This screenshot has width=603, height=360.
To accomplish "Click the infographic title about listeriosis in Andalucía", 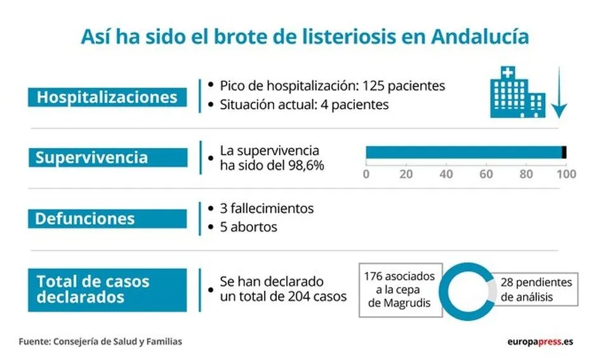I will (x=305, y=36).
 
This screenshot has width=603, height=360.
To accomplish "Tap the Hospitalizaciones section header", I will (x=107, y=97).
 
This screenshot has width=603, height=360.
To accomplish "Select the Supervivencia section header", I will (x=107, y=157).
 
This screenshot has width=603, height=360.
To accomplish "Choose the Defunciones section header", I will (x=107, y=218).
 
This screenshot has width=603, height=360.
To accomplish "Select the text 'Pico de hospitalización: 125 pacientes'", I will (x=332, y=86).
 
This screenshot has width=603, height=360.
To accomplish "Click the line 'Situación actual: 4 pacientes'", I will (x=304, y=105).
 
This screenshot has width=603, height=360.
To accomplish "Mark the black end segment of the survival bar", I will (x=564, y=152).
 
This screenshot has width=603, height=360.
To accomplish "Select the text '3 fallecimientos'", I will (x=267, y=208).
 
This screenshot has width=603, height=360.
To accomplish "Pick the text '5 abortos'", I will (x=248, y=227).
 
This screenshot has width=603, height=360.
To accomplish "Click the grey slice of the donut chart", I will (x=490, y=289).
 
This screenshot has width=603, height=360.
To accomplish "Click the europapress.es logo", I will (x=540, y=342).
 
